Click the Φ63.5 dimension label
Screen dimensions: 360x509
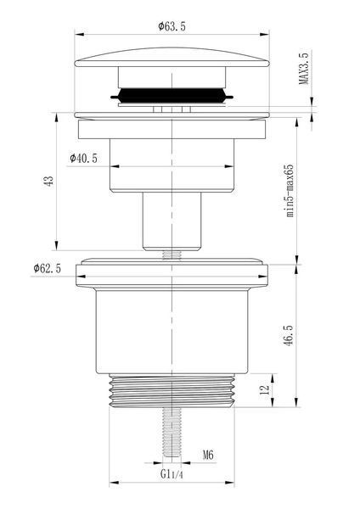coord(172,26)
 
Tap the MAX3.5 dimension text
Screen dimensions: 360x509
coord(304,68)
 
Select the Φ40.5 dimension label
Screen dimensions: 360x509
coord(83,159)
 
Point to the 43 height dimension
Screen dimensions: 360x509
coord(48,181)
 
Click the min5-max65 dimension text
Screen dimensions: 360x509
coord(290,191)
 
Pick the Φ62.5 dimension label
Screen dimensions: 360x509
coord(47,268)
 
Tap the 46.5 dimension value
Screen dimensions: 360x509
coord(290,335)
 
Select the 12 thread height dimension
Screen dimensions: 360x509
coord(266,389)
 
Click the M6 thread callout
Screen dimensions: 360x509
coord(208,455)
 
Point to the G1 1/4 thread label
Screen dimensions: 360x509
coord(172,474)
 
